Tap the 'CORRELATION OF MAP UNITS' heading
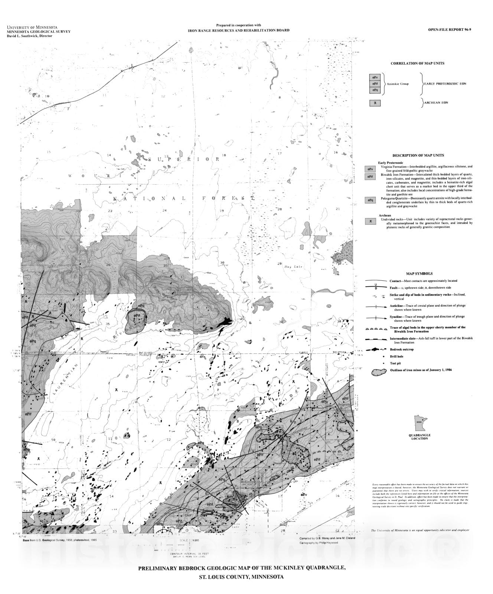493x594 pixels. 417,63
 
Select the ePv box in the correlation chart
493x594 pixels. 375,77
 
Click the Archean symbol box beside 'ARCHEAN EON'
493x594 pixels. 375,103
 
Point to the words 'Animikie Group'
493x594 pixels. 398,84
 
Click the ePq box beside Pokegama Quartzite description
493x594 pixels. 370,200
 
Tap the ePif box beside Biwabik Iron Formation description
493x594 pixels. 370,177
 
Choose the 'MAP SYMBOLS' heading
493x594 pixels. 419,274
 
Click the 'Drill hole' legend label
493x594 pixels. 396,356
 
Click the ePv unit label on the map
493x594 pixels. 304,495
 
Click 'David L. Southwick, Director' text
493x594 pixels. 30,36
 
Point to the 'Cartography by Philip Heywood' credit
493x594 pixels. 319,543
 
